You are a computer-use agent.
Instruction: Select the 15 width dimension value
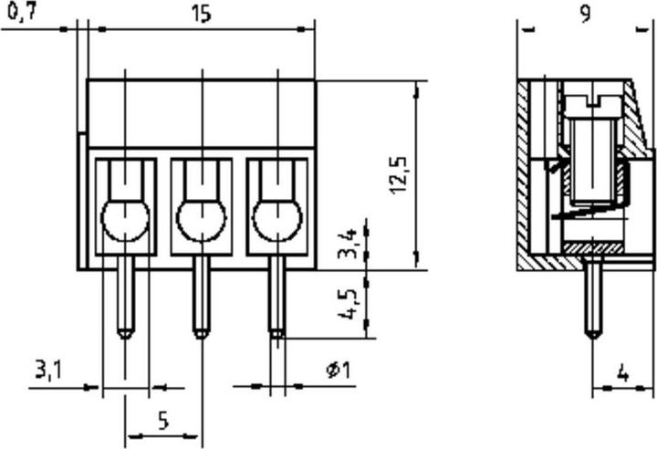coord(202,14)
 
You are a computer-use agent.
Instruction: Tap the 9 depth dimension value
coord(585,14)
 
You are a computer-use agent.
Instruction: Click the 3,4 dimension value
coord(348,244)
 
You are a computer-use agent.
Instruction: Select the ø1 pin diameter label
coord(339,371)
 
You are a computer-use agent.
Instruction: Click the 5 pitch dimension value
coord(163,420)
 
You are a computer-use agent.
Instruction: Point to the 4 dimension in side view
coord(622,372)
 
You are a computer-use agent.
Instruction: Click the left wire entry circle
coord(126,220)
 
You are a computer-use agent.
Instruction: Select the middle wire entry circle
coord(202,220)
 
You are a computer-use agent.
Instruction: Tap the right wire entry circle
coord(277,220)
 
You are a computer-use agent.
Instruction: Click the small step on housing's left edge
coord(82,201)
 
